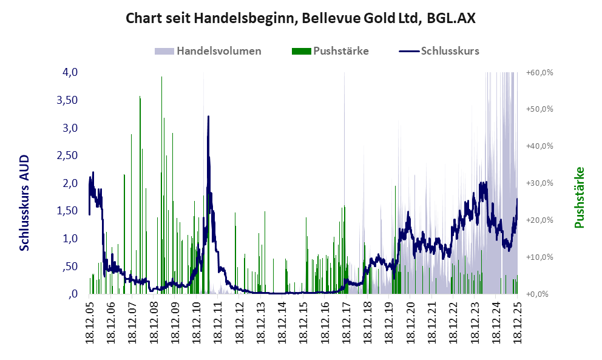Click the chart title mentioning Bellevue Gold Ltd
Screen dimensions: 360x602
click(300, 18)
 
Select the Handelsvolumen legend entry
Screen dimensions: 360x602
click(218, 51)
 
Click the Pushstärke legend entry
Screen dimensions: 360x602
click(340, 51)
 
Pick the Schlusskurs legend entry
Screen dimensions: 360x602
click(450, 51)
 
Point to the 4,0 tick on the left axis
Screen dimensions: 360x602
click(70, 72)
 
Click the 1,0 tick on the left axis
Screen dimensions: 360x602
click(70, 239)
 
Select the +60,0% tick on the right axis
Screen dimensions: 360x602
click(539, 72)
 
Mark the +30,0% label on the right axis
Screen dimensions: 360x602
click(539, 183)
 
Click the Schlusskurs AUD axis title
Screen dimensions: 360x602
click(25, 202)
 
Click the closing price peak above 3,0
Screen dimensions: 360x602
click(208, 117)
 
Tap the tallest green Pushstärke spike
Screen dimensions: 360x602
click(161, 78)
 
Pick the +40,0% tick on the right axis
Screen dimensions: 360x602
click(539, 146)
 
